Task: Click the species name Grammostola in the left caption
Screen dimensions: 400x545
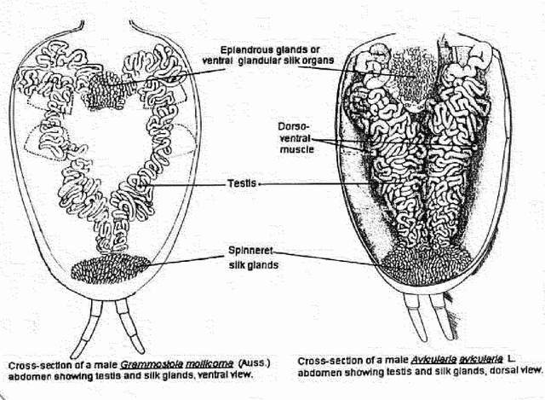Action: (x=129, y=364)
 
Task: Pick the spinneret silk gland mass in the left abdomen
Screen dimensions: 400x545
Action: (x=112, y=270)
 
